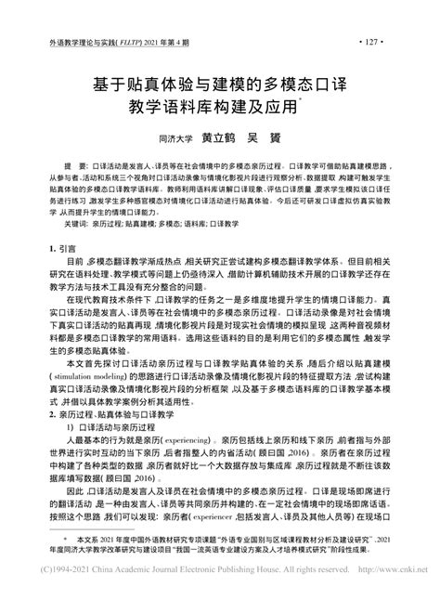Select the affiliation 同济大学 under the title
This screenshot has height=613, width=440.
click(175, 137)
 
